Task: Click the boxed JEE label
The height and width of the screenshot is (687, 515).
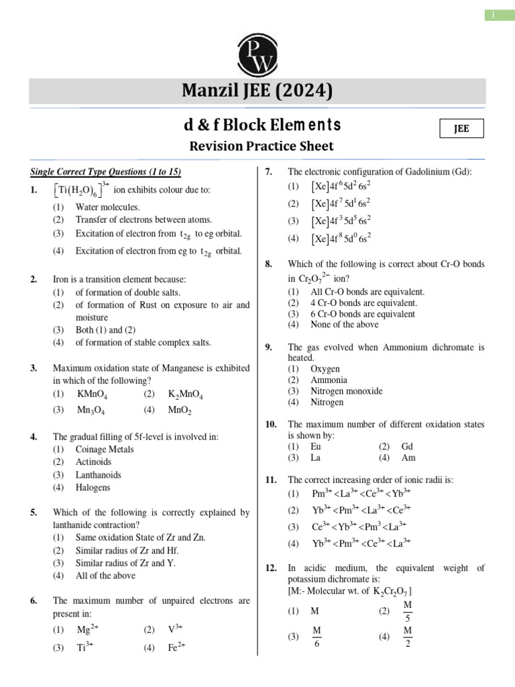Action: (461, 129)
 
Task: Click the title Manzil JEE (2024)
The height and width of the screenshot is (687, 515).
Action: (257, 91)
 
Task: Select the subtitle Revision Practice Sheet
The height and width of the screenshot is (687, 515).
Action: (261, 146)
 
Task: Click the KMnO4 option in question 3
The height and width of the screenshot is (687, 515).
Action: (91, 394)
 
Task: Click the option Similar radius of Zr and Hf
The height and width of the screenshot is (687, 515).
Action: (127, 550)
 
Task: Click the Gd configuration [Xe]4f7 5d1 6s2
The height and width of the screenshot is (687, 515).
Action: (342, 203)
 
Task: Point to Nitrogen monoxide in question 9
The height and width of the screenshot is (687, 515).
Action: (347, 390)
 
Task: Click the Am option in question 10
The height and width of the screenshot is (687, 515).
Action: (408, 458)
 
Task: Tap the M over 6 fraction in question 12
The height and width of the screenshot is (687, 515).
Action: (317, 637)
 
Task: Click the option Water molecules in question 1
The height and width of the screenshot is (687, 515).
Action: (107, 207)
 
